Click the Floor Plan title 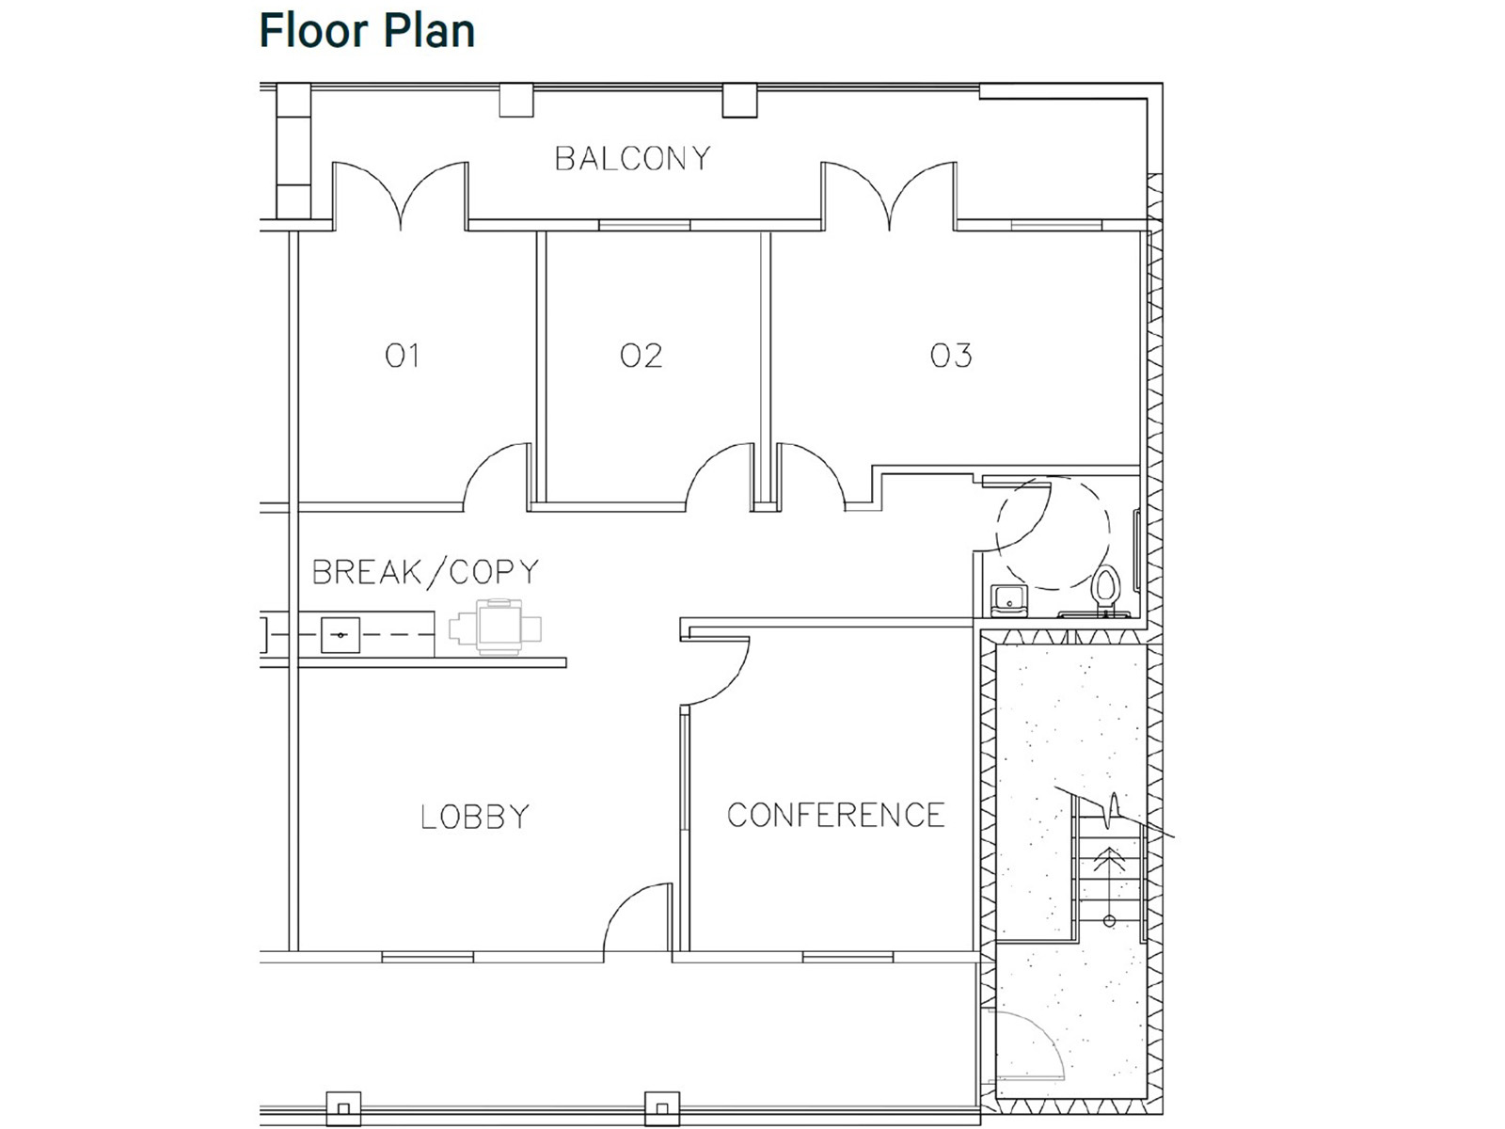pyautogui.click(x=367, y=30)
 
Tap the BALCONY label pyautogui.click(x=632, y=158)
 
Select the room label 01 pyautogui.click(x=402, y=355)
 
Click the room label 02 pyautogui.click(x=641, y=355)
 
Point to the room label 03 pyautogui.click(x=950, y=355)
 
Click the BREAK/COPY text pyautogui.click(x=425, y=572)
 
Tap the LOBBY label pyautogui.click(x=475, y=816)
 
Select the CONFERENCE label pyautogui.click(x=835, y=815)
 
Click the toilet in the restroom pyautogui.click(x=1106, y=589)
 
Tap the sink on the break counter pyautogui.click(x=340, y=635)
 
